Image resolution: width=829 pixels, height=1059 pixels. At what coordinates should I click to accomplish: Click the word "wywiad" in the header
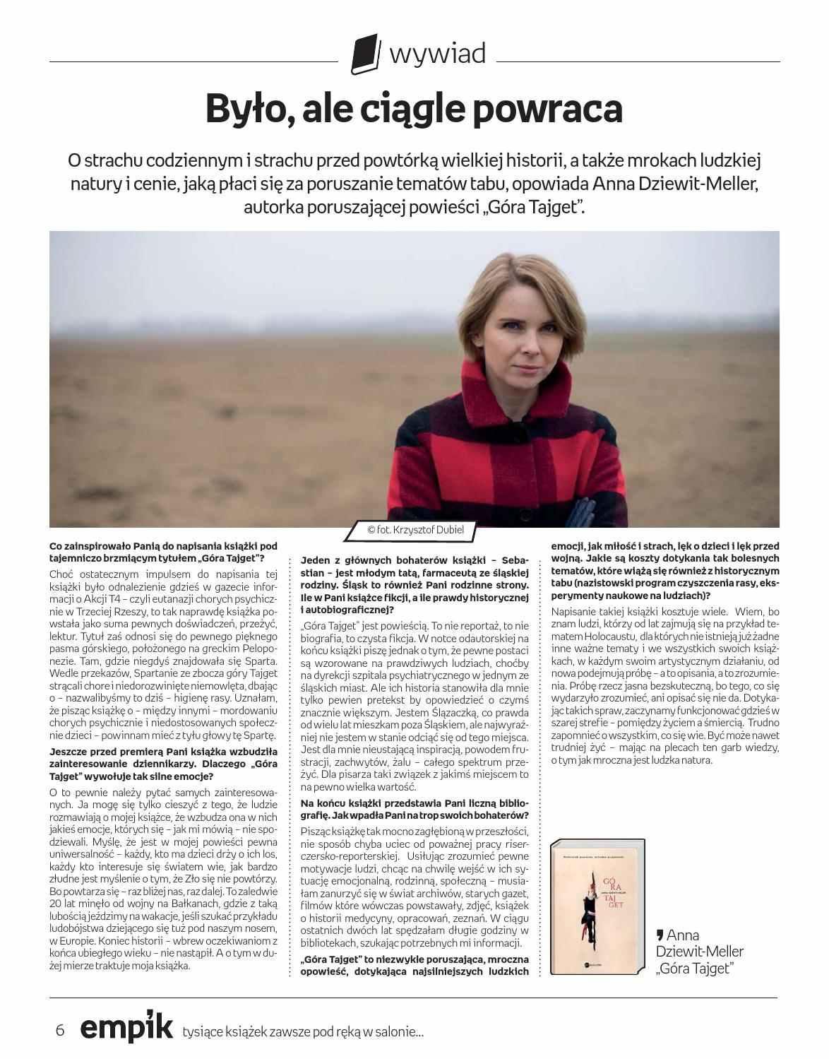point(438,53)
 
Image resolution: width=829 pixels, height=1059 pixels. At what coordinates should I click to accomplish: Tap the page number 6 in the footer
point(60,1030)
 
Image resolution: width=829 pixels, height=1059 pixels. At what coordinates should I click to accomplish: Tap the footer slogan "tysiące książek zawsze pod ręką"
point(303,1031)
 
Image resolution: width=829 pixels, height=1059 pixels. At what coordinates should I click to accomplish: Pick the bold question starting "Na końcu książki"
point(415,809)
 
